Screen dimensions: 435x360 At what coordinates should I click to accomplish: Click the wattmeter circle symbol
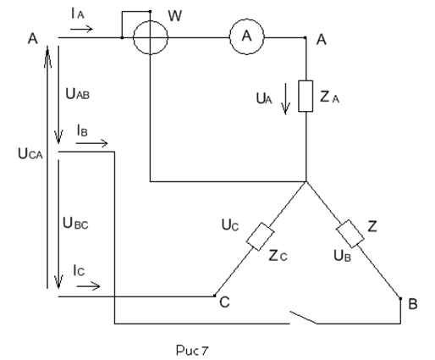pos(134,37)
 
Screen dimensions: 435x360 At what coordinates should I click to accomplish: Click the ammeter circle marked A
pos(230,36)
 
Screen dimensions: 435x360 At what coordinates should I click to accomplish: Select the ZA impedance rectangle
pos(299,96)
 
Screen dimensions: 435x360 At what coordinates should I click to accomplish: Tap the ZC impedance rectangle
pos(260,236)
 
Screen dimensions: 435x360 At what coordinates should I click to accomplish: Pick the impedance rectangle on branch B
pos(350,234)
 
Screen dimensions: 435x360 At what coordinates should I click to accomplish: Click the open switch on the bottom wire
pos(304,318)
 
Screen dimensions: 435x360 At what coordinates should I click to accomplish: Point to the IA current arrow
pos(81,29)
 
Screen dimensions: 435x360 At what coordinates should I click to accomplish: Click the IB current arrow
pos(91,143)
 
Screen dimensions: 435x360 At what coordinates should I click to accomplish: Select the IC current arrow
pos(88,286)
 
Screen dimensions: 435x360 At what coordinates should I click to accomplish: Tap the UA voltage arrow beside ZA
pos(285,99)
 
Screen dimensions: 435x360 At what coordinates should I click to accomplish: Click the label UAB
pos(77,94)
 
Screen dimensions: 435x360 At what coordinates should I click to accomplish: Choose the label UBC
pos(75,223)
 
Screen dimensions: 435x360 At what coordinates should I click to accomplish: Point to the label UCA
pos(30,154)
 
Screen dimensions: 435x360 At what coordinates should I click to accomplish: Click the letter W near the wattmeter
pos(175,16)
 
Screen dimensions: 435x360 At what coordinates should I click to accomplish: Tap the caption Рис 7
pos(192,351)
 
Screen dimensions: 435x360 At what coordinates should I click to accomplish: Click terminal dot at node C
pos(215,296)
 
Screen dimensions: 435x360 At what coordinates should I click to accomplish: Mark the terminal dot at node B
pos(400,298)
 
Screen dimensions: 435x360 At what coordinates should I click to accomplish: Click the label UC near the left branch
pos(230,225)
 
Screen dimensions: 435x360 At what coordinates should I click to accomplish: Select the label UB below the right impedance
pos(342,256)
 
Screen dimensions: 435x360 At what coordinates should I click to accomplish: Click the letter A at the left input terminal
pos(33,39)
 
